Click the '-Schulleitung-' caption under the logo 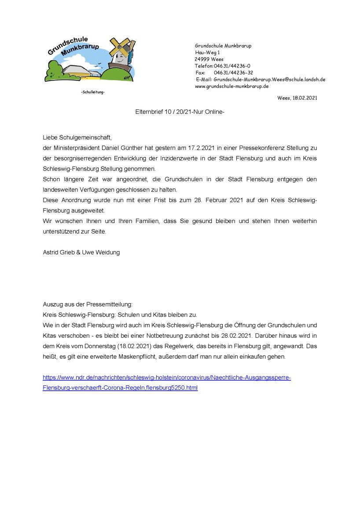(93, 92)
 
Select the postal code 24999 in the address (202, 59)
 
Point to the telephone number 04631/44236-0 (232, 66)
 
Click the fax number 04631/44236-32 (233, 73)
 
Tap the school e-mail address (269, 80)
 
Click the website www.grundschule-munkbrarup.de (231, 86)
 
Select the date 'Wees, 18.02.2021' (297, 98)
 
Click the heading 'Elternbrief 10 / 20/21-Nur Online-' (180, 112)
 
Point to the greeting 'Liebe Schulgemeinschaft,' (74, 138)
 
